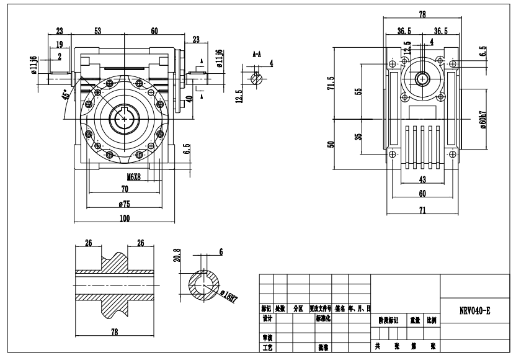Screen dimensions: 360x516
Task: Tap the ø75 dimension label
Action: tap(125, 203)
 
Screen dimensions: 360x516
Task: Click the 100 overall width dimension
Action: tap(125, 218)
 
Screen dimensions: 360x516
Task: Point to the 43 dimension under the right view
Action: tap(423, 180)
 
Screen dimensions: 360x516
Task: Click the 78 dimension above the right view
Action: tap(423, 14)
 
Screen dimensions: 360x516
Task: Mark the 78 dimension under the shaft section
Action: tap(114, 332)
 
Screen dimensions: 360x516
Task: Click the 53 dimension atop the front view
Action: tap(99, 30)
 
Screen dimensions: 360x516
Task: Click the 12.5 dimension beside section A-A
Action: tap(239, 96)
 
